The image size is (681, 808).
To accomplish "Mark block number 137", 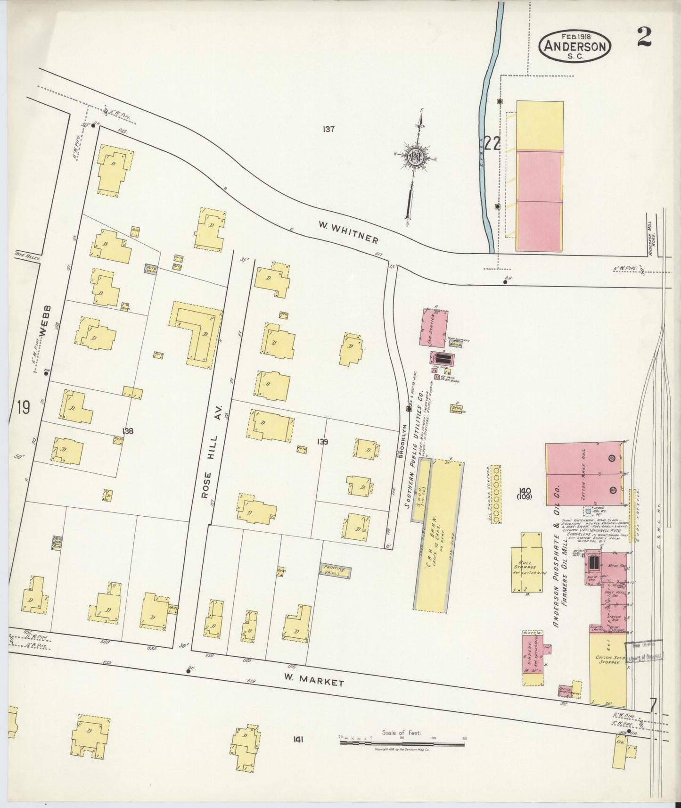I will pos(328,129).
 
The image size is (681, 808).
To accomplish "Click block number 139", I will pos(322,442).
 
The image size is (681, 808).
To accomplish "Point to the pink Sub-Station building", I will pos(433,328).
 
